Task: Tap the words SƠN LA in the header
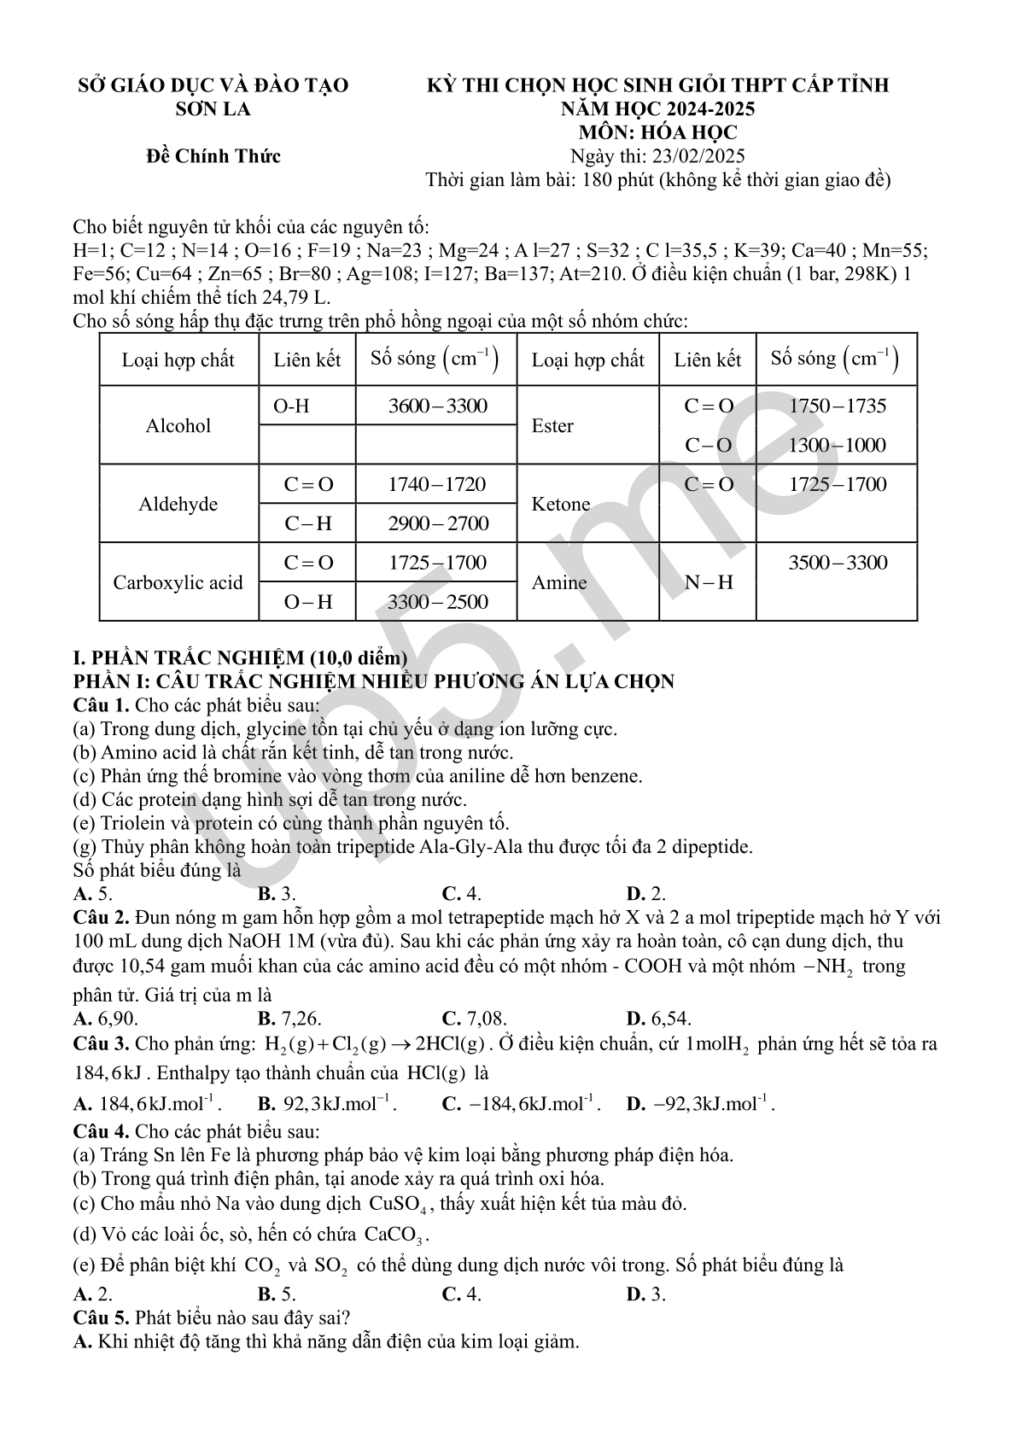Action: click(213, 108)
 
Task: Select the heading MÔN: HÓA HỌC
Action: click(657, 132)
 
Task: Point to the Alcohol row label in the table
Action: click(178, 425)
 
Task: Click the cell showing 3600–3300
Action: click(437, 406)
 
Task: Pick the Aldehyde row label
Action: click(178, 504)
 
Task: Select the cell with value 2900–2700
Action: click(438, 523)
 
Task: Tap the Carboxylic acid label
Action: click(178, 582)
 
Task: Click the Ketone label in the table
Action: click(561, 504)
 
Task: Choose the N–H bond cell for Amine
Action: click(709, 582)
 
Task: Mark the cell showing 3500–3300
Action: click(838, 563)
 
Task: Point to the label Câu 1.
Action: click(101, 705)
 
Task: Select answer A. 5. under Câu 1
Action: click(93, 894)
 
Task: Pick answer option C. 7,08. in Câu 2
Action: click(474, 1018)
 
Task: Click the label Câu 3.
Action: click(101, 1043)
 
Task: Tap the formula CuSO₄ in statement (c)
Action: click(400, 1204)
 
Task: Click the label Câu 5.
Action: click(101, 1317)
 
